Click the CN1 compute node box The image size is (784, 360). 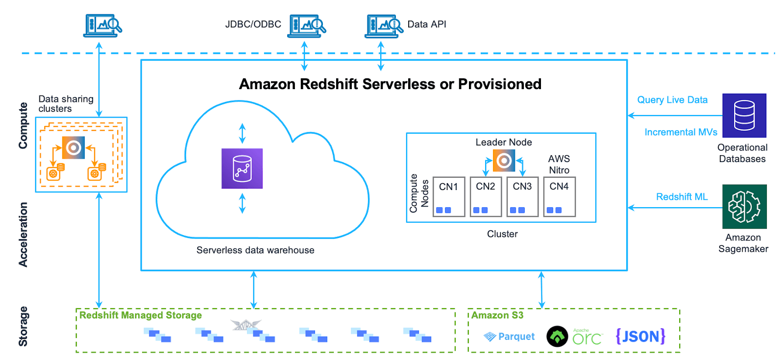click(449, 196)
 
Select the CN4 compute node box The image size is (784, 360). click(559, 196)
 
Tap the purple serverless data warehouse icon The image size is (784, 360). click(242, 168)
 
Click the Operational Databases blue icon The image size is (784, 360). click(744, 116)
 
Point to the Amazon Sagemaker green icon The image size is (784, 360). click(744, 206)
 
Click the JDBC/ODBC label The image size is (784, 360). click(253, 24)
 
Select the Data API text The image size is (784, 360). click(426, 24)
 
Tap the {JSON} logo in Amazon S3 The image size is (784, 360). click(640, 336)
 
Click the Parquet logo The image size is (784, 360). click(509, 336)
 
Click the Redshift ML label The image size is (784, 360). click(682, 197)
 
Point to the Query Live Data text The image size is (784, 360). click(672, 100)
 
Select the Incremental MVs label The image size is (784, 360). click(681, 132)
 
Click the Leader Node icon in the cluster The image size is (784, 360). click(504, 160)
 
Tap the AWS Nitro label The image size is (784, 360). click(559, 165)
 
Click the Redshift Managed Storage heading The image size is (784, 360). click(141, 315)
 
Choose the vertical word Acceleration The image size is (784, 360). click(23, 235)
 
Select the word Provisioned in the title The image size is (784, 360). click(499, 84)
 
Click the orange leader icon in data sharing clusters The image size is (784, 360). click(73, 147)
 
